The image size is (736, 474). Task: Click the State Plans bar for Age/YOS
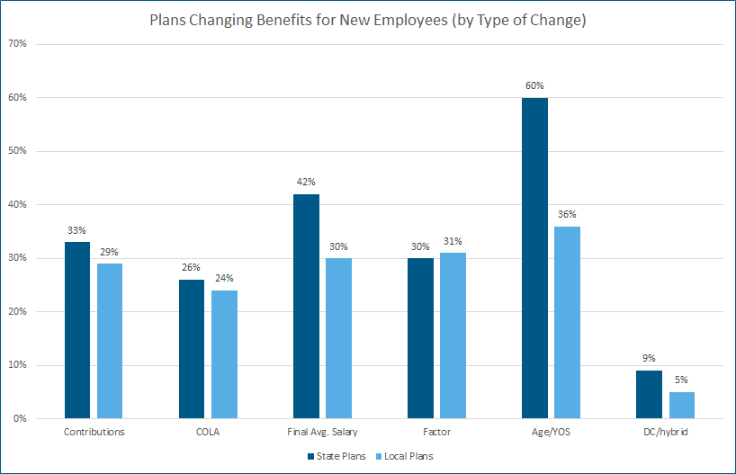(534, 258)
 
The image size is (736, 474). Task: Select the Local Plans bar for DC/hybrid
(682, 406)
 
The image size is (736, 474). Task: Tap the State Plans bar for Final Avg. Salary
(306, 307)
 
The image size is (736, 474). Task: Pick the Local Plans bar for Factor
(453, 335)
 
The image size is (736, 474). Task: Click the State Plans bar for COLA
(191, 349)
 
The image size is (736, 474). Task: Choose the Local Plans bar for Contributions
(110, 341)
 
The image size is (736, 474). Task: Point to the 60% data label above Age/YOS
(534, 85)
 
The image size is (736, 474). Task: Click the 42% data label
(306, 182)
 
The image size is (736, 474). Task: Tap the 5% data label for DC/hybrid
(682, 380)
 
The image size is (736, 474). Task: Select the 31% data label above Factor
(453, 240)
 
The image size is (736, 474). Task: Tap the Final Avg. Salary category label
(322, 433)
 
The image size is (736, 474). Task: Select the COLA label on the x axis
(207, 433)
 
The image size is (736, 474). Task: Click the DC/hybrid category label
(665, 433)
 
